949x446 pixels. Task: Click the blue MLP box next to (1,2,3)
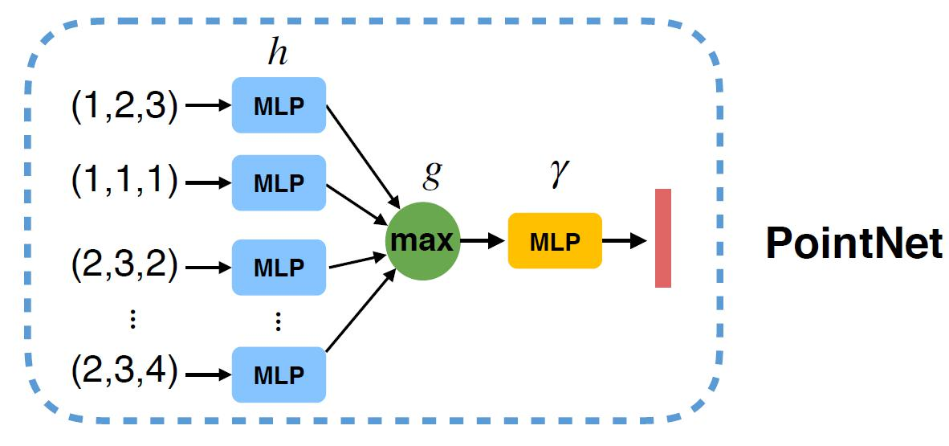click(x=279, y=105)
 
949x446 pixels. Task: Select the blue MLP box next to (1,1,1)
click(x=279, y=182)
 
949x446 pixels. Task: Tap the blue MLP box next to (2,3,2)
click(x=279, y=266)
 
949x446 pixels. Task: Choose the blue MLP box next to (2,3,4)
click(x=279, y=374)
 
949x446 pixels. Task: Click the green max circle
click(x=422, y=240)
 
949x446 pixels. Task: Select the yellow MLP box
click(x=555, y=240)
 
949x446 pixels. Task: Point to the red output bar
click(x=662, y=238)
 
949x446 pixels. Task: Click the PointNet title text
click(x=853, y=242)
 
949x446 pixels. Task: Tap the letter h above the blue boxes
click(x=277, y=54)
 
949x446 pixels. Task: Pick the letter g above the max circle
click(x=432, y=174)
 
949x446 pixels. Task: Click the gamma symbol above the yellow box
click(x=556, y=174)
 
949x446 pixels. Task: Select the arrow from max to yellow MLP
click(x=483, y=240)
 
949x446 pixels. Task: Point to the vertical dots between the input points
click(x=133, y=321)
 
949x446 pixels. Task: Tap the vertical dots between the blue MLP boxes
click(x=278, y=321)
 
